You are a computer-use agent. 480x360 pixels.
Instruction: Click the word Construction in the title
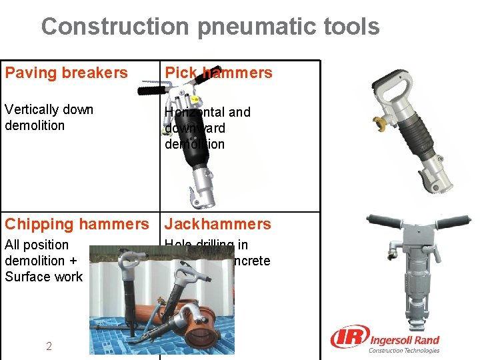point(115,27)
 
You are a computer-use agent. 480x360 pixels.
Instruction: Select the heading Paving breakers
point(66,73)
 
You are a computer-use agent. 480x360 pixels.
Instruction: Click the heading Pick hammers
point(219,73)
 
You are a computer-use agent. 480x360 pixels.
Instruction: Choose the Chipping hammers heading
point(77,224)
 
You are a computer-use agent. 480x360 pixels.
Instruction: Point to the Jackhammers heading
point(218,224)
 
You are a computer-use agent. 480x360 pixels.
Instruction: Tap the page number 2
point(49,345)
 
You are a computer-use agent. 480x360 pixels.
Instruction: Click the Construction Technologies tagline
point(404,351)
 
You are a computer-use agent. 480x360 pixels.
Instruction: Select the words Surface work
point(43,277)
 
